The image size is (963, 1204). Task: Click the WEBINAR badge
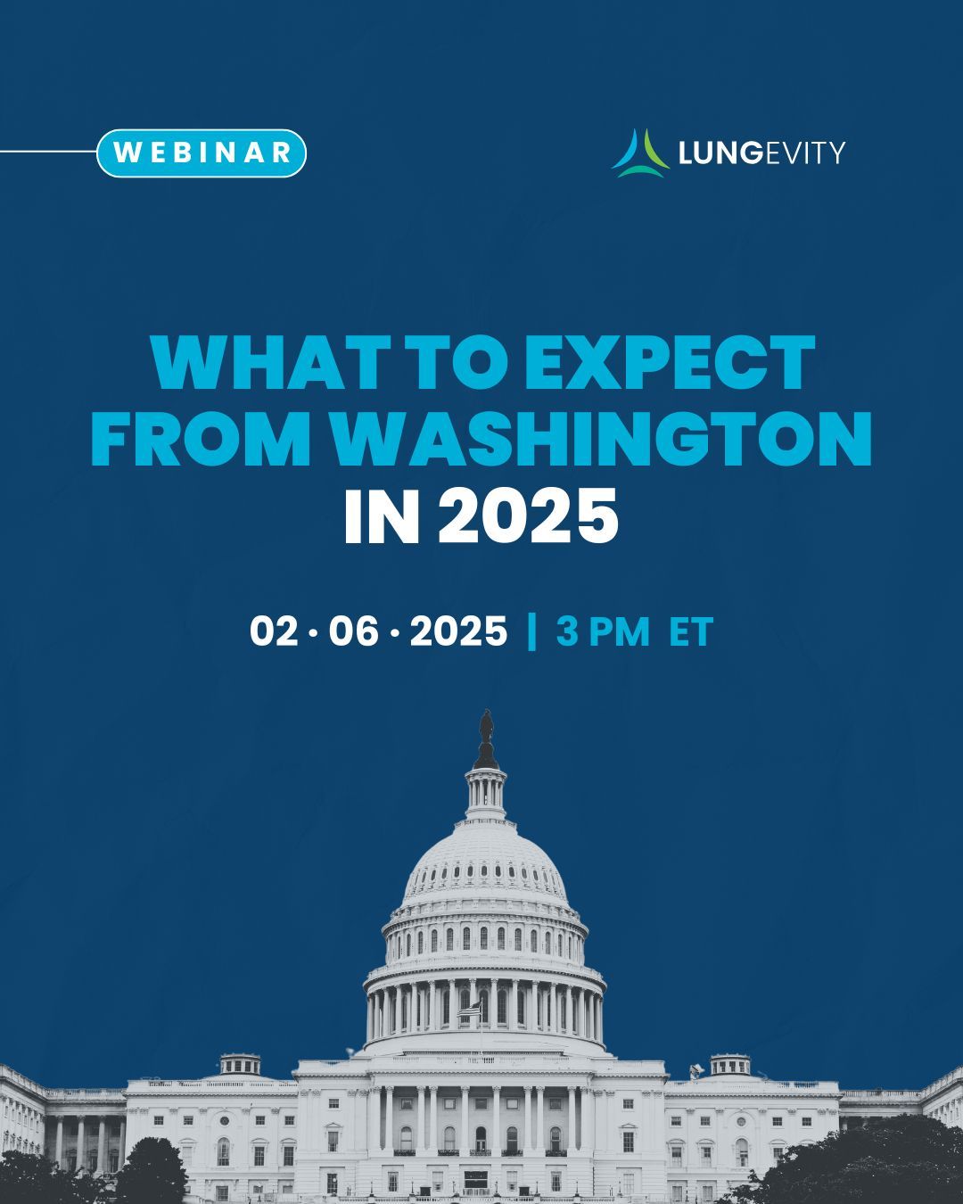tap(202, 153)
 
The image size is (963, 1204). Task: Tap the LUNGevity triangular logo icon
tap(640, 153)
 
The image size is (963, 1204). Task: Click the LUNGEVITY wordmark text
tap(761, 153)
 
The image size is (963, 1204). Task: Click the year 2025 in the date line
tap(458, 631)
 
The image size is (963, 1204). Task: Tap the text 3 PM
tap(603, 631)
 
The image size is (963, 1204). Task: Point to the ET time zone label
tap(692, 631)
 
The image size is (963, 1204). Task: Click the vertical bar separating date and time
tap(531, 631)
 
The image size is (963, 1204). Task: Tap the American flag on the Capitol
tap(470, 1009)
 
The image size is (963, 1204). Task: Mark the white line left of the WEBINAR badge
tap(48, 151)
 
